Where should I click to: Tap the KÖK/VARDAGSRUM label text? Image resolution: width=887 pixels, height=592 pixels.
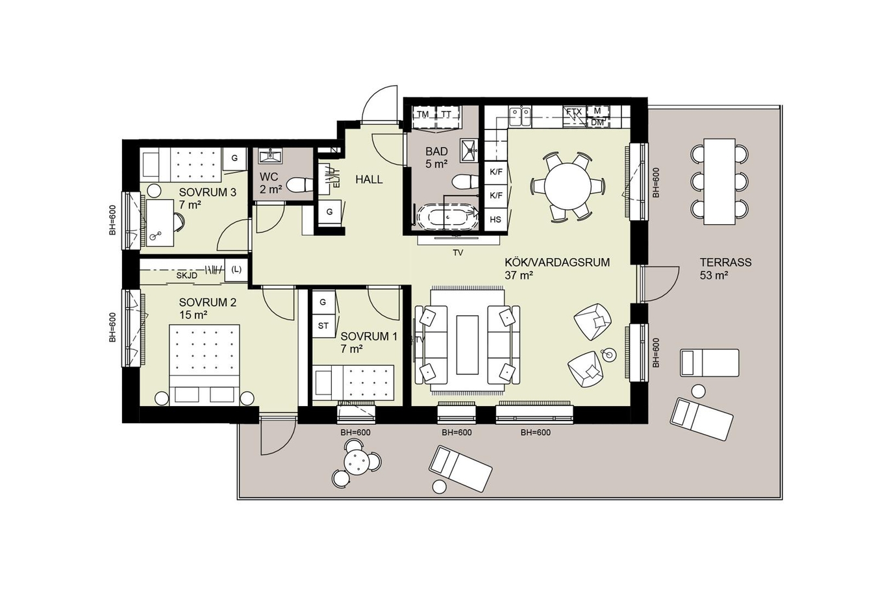(557, 263)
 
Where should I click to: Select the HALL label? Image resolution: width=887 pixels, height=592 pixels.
(369, 179)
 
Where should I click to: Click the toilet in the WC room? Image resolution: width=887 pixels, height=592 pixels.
(299, 185)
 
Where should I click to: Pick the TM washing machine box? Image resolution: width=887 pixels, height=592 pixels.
(423, 114)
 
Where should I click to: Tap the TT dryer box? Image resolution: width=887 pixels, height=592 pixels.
(447, 114)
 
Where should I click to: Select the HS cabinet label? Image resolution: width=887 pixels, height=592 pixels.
(495, 220)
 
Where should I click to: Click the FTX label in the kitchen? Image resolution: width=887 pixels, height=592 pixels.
(574, 112)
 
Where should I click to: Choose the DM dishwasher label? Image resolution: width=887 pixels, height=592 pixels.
(597, 123)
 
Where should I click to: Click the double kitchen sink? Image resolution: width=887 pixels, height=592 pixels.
(520, 117)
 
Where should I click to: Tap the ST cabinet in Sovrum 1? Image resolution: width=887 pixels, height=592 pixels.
(323, 326)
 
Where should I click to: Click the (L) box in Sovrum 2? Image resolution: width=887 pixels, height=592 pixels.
(236, 270)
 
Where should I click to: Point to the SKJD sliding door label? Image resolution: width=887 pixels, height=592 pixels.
(187, 276)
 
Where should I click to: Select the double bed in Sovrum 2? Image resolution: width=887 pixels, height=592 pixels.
(205, 365)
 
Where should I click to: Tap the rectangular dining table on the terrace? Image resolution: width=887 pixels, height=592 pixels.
(719, 181)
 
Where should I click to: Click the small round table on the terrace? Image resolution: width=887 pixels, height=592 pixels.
(356, 461)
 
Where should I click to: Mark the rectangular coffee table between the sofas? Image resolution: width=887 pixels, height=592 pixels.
(468, 345)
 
